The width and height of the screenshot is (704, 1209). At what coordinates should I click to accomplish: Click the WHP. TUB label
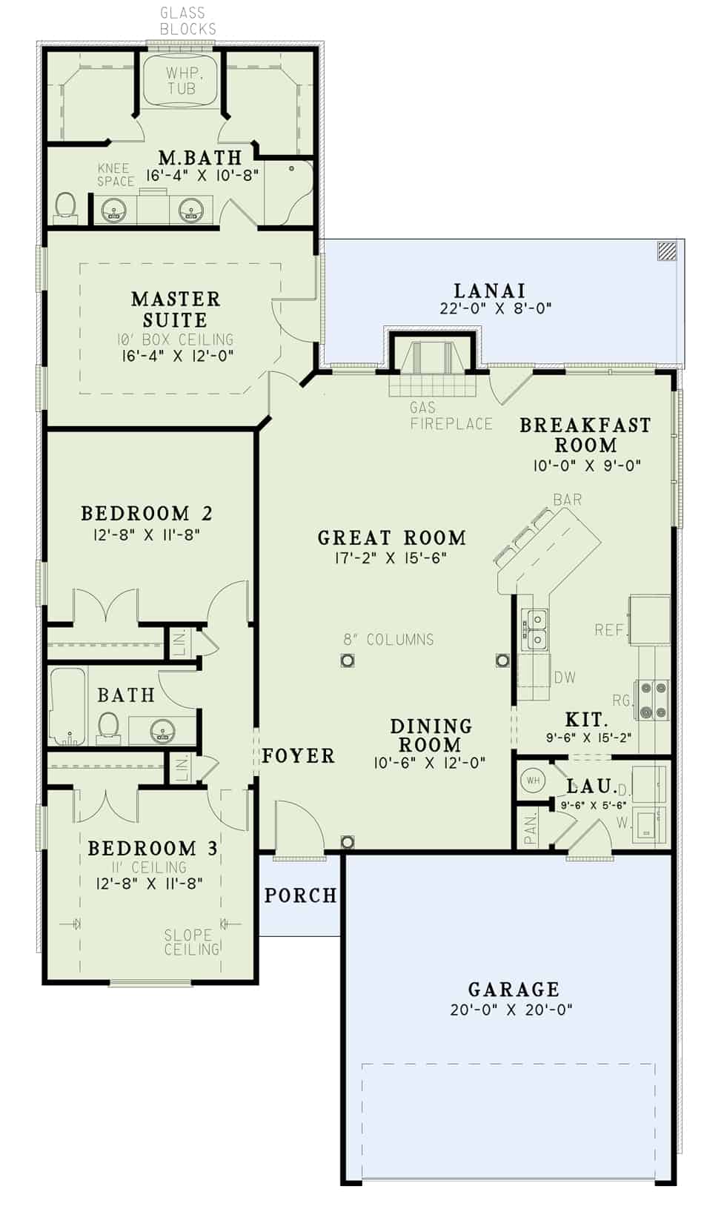tap(182, 81)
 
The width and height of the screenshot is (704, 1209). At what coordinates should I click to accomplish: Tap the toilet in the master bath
tap(66, 207)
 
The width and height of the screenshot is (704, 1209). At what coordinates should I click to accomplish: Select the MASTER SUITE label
tap(176, 309)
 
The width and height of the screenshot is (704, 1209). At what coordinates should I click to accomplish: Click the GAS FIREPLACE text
tap(451, 416)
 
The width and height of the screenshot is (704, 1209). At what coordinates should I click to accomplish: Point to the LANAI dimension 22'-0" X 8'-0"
tap(495, 308)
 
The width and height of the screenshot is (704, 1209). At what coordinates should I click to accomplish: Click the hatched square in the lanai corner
tap(667, 251)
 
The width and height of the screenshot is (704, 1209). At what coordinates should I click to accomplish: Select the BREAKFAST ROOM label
tap(585, 435)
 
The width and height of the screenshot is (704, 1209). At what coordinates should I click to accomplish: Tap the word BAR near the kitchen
tap(568, 500)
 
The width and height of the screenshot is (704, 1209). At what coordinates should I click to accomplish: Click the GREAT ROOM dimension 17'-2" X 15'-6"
tap(391, 558)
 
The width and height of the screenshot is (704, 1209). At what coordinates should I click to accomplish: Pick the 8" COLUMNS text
tap(388, 639)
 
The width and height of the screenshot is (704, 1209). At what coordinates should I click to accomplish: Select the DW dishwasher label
tap(565, 677)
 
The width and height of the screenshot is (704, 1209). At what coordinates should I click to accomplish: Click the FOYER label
tap(298, 755)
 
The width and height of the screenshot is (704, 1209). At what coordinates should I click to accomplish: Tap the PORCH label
tap(300, 895)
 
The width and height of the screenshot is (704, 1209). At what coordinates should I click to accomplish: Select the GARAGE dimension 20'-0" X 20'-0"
tap(511, 1009)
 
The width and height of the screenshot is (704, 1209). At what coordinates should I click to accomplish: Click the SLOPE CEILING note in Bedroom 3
tap(191, 941)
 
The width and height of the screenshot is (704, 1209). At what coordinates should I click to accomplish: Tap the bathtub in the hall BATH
tap(68, 707)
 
